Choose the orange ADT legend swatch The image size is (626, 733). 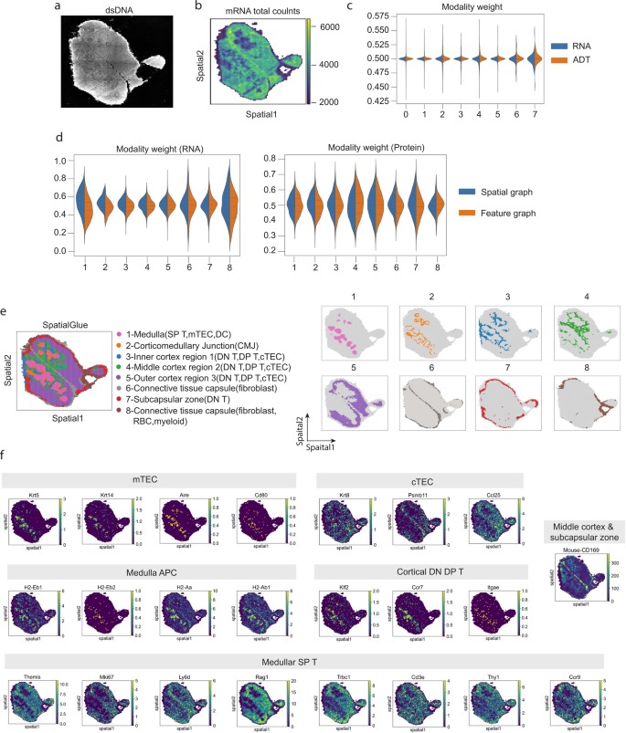[x=563, y=62]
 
